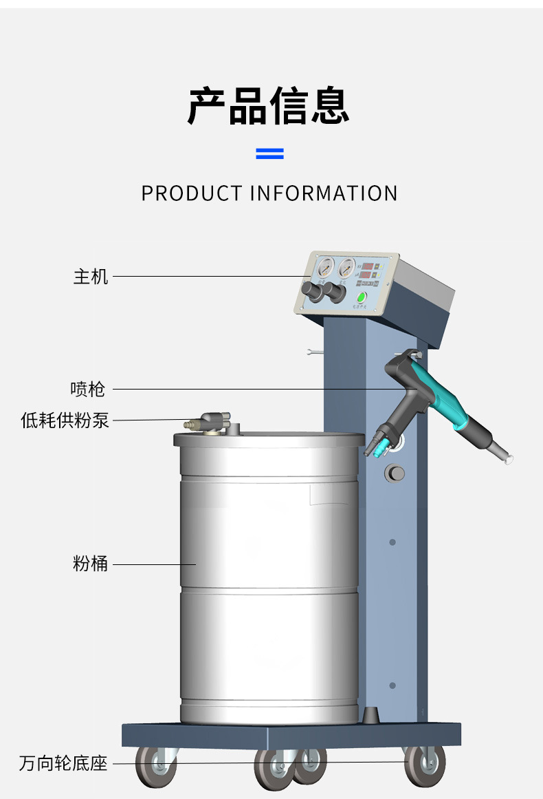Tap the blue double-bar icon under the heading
[269, 153]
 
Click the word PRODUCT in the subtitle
[191, 193]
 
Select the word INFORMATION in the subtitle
[323, 193]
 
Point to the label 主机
[91, 277]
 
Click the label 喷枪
[88, 390]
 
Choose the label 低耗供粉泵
[65, 420]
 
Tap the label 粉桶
[91, 564]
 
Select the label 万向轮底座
[63, 763]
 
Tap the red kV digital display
[368, 266]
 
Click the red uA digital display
[366, 275]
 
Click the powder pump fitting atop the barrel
[207, 423]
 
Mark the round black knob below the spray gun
[395, 472]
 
